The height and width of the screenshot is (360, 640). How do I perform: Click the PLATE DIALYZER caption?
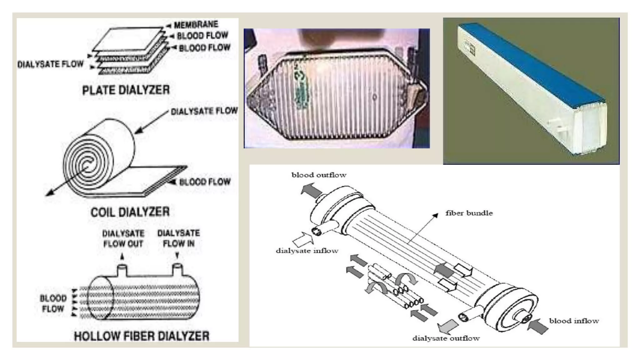point(126,90)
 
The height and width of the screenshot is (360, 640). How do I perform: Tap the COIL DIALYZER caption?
point(130,212)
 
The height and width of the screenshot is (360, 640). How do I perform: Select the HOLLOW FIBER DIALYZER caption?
point(141,336)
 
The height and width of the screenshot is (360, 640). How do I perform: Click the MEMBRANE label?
point(196,25)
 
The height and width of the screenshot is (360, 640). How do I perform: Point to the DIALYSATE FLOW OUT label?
point(123,238)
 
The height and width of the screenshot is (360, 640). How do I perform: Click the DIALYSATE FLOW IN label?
point(178,238)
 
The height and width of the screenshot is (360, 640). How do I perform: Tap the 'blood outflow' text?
point(319,175)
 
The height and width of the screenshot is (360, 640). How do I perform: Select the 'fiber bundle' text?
point(469,213)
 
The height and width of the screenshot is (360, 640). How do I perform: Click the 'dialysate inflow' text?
point(307,251)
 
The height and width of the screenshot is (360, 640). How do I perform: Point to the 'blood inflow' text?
point(574,321)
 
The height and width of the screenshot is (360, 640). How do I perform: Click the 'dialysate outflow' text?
point(446,338)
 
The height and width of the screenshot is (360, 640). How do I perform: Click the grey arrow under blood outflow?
point(311,191)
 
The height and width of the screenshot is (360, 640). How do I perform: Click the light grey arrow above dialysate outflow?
point(447,326)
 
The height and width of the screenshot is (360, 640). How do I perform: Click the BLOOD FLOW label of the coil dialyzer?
point(205,182)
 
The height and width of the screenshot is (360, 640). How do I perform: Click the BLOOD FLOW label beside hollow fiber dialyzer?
point(53,303)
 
